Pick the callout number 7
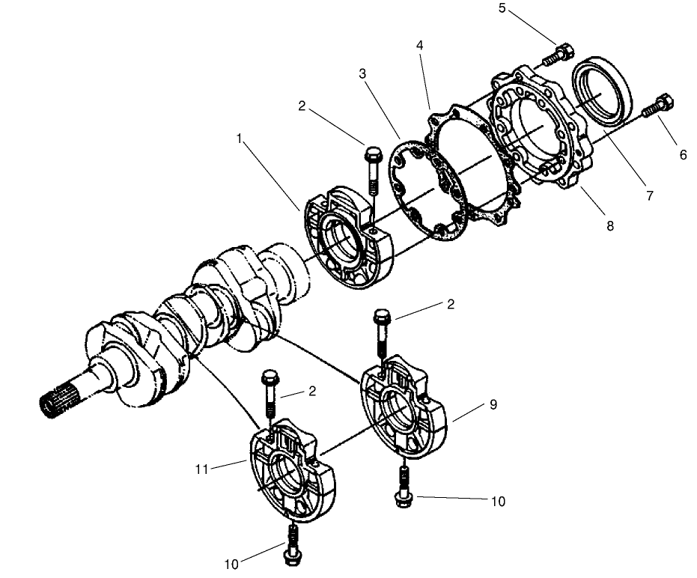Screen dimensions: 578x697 pos(649,196)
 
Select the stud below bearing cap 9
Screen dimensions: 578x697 pos(404,484)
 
